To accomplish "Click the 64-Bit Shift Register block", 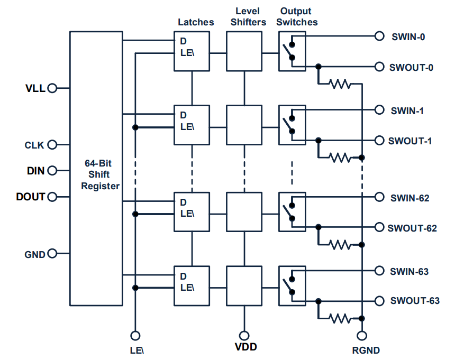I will tap(96, 168).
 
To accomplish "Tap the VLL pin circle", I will tap(52, 88).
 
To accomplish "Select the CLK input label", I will tap(34, 145).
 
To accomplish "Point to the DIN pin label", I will tap(35, 171).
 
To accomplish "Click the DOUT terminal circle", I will tap(52, 197).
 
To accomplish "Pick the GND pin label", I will tap(34, 254).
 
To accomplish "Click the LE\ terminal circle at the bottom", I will tap(135, 336).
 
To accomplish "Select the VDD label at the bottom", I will tap(245, 348).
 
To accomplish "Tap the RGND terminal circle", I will tap(362, 336).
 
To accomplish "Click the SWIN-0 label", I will tap(408, 37).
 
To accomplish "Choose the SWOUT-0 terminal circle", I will tap(379, 67).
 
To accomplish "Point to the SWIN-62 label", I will tap(410, 198).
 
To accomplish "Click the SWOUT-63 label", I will tap(415, 301).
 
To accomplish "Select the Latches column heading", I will tap(196, 22).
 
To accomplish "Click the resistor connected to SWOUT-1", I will tap(339, 158).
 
